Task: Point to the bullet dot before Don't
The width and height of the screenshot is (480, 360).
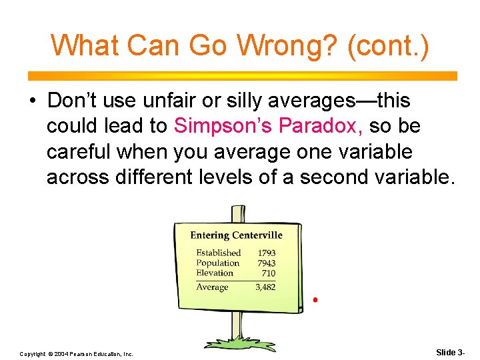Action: point(33,101)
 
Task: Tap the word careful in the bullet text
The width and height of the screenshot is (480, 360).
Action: point(78,151)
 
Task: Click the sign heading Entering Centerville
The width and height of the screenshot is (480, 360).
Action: point(236,235)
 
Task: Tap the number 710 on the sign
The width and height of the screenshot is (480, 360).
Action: point(268,273)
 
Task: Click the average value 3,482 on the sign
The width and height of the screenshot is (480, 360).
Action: point(265,287)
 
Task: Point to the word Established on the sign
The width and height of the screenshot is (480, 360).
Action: point(218,253)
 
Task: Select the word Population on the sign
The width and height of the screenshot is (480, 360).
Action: point(217,263)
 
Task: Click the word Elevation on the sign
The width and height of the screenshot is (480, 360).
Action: point(215,273)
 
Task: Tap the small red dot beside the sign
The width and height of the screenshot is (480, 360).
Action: point(315,301)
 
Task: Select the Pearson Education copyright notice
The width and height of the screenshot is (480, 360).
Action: point(76,353)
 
